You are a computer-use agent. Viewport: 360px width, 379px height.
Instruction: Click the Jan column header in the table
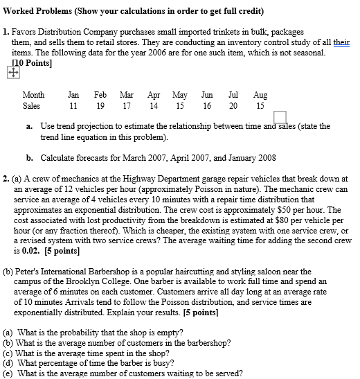click(x=73, y=95)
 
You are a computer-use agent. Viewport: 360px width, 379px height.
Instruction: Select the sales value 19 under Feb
click(x=100, y=106)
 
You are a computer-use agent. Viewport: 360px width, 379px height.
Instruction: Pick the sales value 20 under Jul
click(x=233, y=106)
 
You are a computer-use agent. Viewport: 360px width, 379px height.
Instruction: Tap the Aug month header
click(x=260, y=95)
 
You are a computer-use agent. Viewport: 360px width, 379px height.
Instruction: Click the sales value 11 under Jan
click(x=73, y=106)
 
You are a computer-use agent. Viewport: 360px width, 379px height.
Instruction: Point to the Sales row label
click(x=31, y=106)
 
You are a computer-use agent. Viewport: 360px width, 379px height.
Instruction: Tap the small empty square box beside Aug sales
click(x=280, y=117)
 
